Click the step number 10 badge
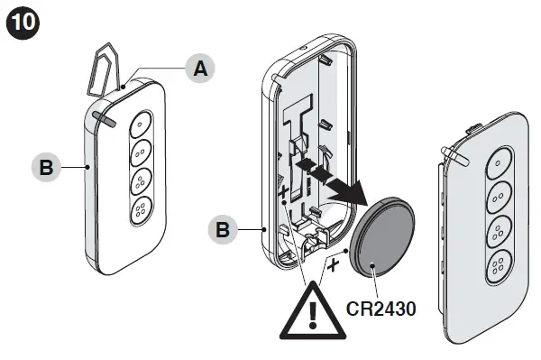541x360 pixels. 22,23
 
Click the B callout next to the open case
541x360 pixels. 224,230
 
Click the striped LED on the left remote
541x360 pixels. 101,117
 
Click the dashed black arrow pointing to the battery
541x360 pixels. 329,177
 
